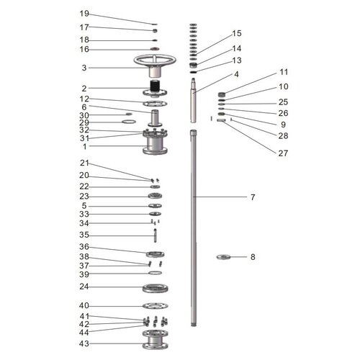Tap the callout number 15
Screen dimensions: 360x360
(236, 34)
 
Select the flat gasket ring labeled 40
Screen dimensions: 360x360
(155, 306)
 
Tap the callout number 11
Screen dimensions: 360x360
(283, 72)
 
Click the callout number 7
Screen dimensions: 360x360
(252, 197)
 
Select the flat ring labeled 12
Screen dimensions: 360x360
(155, 102)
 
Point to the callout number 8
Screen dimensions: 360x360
(253, 256)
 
